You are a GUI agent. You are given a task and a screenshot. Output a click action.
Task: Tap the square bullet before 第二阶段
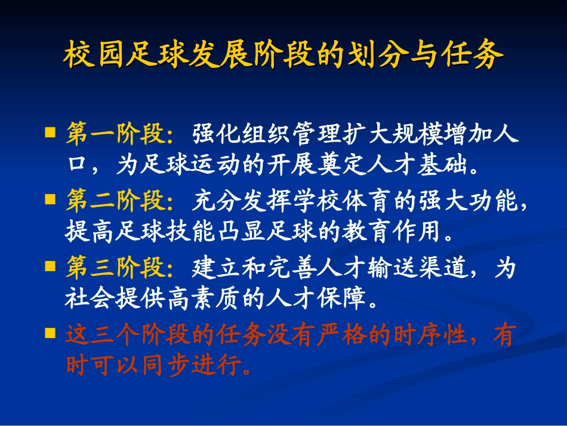point(51,198)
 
